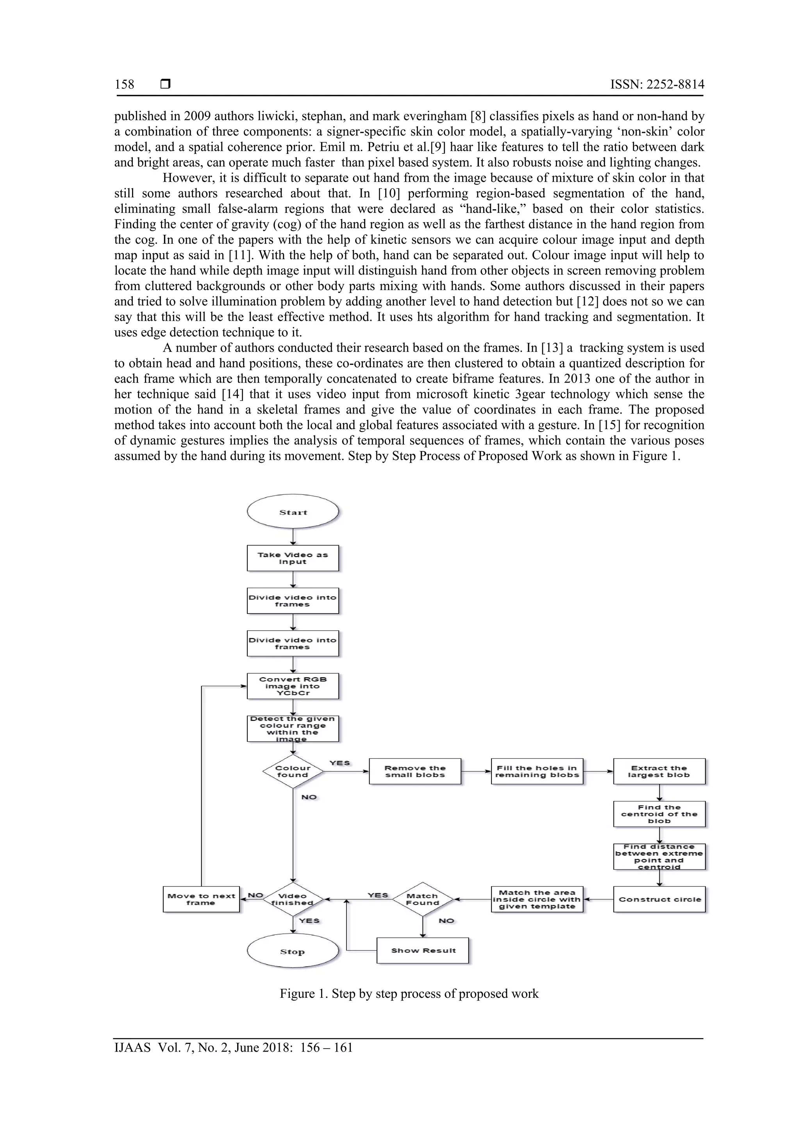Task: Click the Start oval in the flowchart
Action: coord(293,512)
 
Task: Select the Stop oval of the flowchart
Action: coord(293,951)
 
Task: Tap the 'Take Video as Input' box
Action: coord(293,558)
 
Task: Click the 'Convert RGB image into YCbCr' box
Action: coord(293,686)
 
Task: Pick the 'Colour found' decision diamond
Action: coord(293,771)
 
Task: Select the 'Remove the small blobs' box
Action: coord(415,771)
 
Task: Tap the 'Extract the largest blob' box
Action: coord(659,771)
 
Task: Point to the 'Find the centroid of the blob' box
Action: coord(659,814)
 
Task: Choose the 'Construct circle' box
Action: coord(659,899)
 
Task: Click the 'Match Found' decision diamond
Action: coord(422,899)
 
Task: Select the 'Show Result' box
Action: coord(423,951)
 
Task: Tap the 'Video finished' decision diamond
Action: coord(293,899)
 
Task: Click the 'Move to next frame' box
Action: coord(201,899)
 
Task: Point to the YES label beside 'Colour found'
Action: coord(339,763)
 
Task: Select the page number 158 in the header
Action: coord(124,84)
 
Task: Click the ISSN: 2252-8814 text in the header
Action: coord(657,84)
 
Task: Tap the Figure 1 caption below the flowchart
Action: coord(409,994)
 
